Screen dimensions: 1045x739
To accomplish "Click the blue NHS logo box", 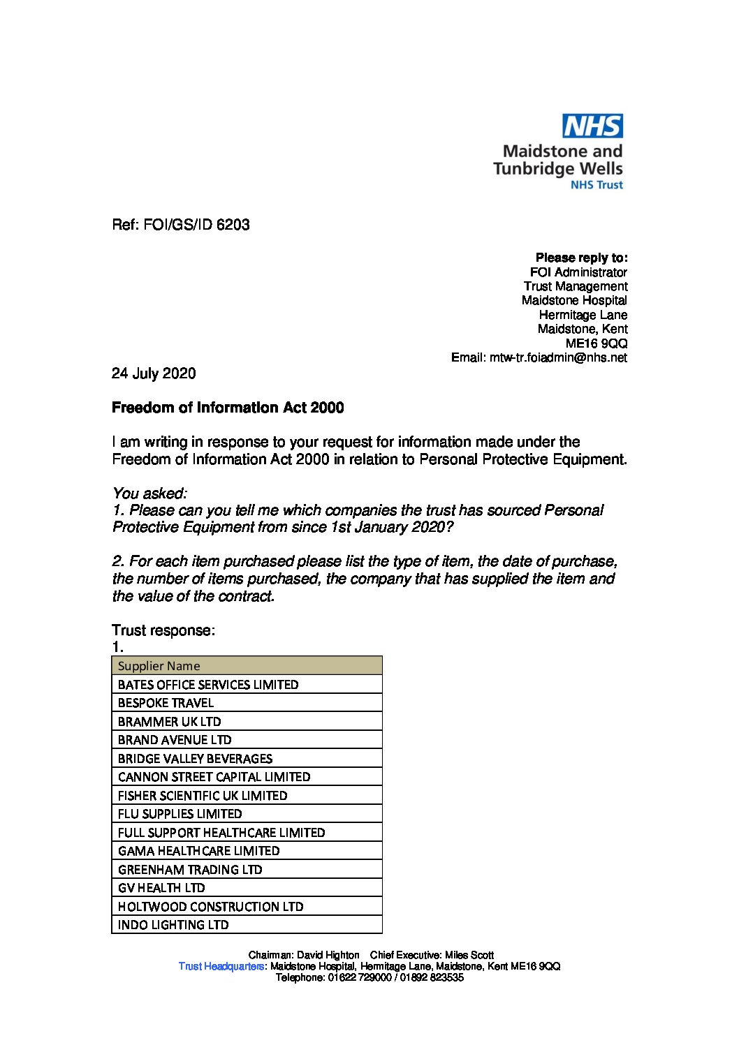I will [x=593, y=126].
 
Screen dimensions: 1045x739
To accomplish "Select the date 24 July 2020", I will [x=154, y=373].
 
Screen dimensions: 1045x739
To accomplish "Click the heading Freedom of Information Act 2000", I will [x=228, y=408].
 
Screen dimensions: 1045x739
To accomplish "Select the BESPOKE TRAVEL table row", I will [x=247, y=703].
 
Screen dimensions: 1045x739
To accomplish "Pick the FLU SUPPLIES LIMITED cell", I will [x=247, y=814].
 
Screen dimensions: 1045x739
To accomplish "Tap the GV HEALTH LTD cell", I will [x=247, y=888].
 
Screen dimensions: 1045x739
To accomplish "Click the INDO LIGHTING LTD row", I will [x=247, y=925].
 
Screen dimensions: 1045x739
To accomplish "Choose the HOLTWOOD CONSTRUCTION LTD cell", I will [x=247, y=907].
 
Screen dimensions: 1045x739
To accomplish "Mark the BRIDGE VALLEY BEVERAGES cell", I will [x=247, y=759].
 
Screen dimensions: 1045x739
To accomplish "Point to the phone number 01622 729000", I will [x=355, y=977].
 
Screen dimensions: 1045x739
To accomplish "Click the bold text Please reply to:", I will [x=581, y=258].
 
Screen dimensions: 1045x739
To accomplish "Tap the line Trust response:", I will [x=163, y=630].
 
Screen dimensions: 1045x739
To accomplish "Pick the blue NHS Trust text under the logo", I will [x=597, y=185].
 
